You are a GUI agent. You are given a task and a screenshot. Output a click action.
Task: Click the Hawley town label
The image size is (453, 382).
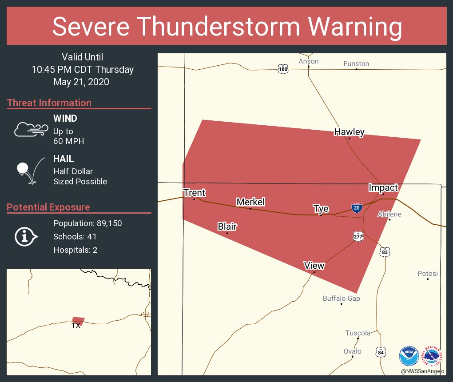pyautogui.click(x=349, y=132)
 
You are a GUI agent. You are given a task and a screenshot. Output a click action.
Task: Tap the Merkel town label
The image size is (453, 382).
pyautogui.click(x=250, y=202)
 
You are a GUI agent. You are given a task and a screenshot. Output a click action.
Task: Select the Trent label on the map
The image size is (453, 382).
pyautogui.click(x=194, y=193)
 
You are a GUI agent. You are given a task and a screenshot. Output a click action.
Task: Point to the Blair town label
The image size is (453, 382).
pyautogui.click(x=227, y=227)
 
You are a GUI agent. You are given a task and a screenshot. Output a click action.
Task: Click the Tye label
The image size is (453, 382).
pyautogui.click(x=321, y=209)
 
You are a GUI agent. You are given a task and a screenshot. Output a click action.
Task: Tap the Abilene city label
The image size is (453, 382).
pyautogui.click(x=389, y=214)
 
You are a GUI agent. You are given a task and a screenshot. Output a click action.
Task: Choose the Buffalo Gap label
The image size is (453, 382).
pyautogui.click(x=341, y=298)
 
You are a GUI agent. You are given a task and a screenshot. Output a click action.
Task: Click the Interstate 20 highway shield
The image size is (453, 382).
pyautogui.click(x=356, y=207)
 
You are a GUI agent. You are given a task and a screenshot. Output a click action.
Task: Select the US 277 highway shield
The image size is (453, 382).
pyautogui.click(x=358, y=236)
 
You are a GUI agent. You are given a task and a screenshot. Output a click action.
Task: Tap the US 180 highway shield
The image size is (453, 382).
pyautogui.click(x=283, y=69)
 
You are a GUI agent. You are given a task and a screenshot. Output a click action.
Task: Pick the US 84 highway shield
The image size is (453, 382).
pyautogui.click(x=380, y=352)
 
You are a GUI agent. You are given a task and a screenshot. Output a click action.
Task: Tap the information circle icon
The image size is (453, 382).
pyautogui.click(x=25, y=237)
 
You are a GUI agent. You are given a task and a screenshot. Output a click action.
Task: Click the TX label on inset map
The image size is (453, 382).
pyautogui.click(x=76, y=326)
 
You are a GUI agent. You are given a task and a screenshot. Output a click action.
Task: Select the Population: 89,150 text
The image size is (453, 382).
pyautogui.click(x=87, y=223)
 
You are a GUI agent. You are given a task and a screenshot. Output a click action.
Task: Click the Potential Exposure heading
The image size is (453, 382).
pyautogui.click(x=48, y=207)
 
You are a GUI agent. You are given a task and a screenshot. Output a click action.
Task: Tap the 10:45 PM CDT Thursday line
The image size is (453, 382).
pyautogui.click(x=83, y=69)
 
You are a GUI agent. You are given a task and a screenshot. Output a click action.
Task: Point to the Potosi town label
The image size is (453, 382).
pyautogui.click(x=428, y=274)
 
